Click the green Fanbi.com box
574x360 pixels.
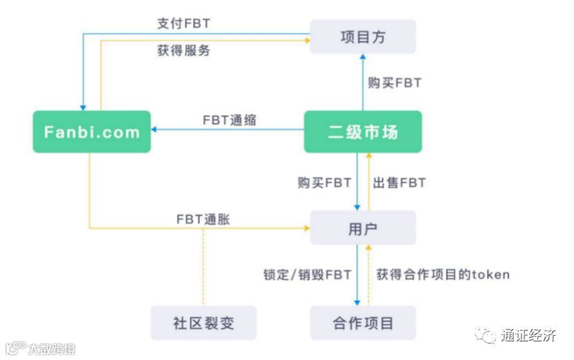click(x=92, y=132)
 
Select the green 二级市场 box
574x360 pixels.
click(x=363, y=132)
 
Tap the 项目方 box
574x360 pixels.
click(x=363, y=37)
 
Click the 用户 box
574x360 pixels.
click(x=363, y=228)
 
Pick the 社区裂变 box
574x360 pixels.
click(x=203, y=323)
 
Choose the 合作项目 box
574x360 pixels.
click(x=363, y=323)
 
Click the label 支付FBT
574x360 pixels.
click(x=184, y=23)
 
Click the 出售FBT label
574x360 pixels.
click(x=399, y=183)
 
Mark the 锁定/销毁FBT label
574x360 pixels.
click(x=308, y=274)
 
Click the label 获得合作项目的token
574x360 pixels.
click(x=443, y=274)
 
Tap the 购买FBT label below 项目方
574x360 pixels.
click(x=395, y=83)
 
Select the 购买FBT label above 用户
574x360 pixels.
click(x=325, y=183)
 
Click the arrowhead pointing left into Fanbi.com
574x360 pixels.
click(x=155, y=129)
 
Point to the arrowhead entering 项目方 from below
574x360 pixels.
click(x=363, y=57)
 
